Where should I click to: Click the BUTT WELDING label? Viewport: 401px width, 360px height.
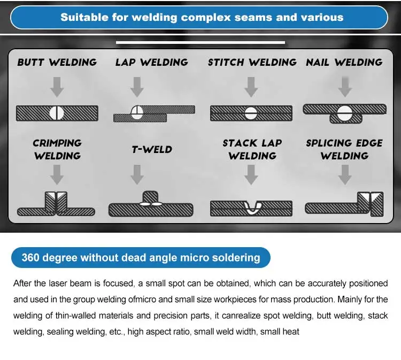(x=57, y=63)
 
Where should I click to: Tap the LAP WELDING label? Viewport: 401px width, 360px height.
(x=151, y=63)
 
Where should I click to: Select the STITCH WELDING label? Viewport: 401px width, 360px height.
(x=251, y=63)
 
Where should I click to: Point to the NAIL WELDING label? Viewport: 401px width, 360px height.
(x=344, y=63)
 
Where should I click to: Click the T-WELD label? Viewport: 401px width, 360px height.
(x=152, y=149)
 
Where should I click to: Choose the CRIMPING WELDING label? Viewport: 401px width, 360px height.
(x=57, y=149)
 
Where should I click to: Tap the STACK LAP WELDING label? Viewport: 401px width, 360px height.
(x=252, y=149)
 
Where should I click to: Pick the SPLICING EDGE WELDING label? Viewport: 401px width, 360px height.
(x=344, y=149)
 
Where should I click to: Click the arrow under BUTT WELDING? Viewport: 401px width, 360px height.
(x=57, y=86)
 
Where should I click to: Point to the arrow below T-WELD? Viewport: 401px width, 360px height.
(x=137, y=174)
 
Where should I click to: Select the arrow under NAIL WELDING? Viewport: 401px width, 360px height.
(x=345, y=86)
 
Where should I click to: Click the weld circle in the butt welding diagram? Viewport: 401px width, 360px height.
(x=57, y=113)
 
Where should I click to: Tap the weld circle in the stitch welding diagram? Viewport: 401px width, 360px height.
(x=251, y=112)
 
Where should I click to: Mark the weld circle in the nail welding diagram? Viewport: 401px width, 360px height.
(x=344, y=112)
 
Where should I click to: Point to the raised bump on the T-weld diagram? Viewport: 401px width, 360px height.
(x=151, y=197)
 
